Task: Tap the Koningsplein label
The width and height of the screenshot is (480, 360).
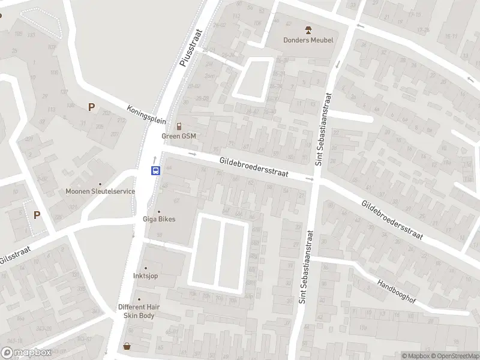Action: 146,114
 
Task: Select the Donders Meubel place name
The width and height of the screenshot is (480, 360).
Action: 308,40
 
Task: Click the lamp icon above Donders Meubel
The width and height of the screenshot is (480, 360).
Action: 308,29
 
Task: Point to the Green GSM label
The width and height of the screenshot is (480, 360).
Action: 179,136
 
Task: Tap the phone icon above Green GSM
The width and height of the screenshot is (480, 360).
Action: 179,126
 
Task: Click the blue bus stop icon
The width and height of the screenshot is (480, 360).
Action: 155,170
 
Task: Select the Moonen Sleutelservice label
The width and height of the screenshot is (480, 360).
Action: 100,191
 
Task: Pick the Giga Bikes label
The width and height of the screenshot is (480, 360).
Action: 159,219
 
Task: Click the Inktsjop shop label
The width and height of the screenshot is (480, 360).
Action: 145,276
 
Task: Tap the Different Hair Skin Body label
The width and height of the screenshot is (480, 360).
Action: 139,311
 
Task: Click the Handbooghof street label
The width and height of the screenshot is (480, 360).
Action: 397,291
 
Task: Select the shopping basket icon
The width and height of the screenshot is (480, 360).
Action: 127,346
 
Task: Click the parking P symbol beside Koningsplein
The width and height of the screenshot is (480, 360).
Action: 91,107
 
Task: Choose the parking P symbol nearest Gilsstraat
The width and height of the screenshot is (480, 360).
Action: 37,215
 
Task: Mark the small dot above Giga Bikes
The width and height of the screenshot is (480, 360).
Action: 159,212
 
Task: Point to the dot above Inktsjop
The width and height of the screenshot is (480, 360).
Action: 145,268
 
